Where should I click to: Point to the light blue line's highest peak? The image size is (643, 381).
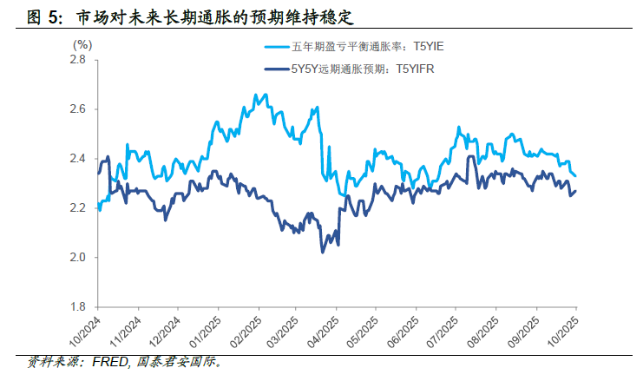pos(255,94)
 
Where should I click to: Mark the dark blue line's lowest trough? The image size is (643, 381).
pos(323,252)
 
